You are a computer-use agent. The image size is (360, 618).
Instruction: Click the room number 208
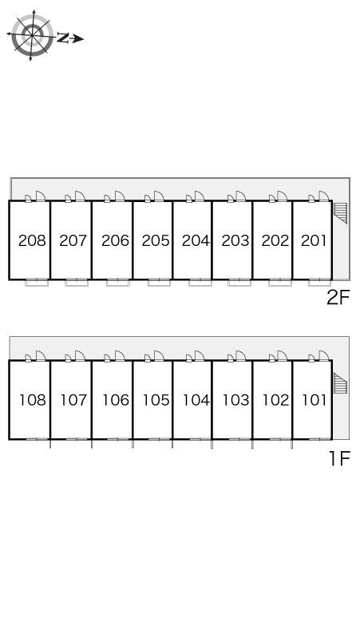coord(32,240)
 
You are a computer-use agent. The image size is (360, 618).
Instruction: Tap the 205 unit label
coord(156,240)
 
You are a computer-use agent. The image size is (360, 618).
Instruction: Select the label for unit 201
coord(314,240)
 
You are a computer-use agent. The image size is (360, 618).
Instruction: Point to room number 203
coord(235,240)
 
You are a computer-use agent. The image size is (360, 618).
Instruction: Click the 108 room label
coord(33,400)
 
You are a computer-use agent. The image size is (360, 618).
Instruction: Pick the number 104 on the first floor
coord(196,400)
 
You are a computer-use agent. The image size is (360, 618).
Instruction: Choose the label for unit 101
coord(315,400)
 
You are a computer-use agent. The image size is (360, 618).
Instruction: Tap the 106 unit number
coord(116,400)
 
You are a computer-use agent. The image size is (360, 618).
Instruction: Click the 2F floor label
coord(338,298)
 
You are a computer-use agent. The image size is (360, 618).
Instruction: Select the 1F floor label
coord(339,458)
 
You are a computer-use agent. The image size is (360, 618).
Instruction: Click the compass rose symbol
coord(32,35)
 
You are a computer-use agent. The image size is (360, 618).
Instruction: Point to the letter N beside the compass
coord(63,38)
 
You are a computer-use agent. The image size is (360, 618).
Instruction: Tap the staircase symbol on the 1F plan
coord(341,382)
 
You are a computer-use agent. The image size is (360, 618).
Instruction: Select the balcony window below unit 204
coord(200,282)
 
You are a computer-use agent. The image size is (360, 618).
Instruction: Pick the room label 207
coord(73,240)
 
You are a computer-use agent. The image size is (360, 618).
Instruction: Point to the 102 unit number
coord(275,400)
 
